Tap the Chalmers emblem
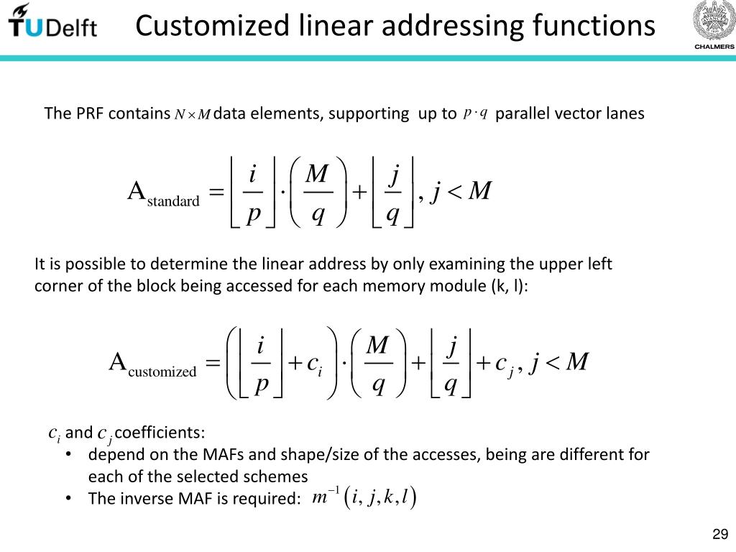713,23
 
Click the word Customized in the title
208,27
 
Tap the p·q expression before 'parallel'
476,113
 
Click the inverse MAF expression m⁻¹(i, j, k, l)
364,497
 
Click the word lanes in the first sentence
626,114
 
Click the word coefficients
160,433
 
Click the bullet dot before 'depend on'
68,455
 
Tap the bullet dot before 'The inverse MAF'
68,498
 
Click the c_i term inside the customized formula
314,364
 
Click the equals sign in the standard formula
215,193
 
